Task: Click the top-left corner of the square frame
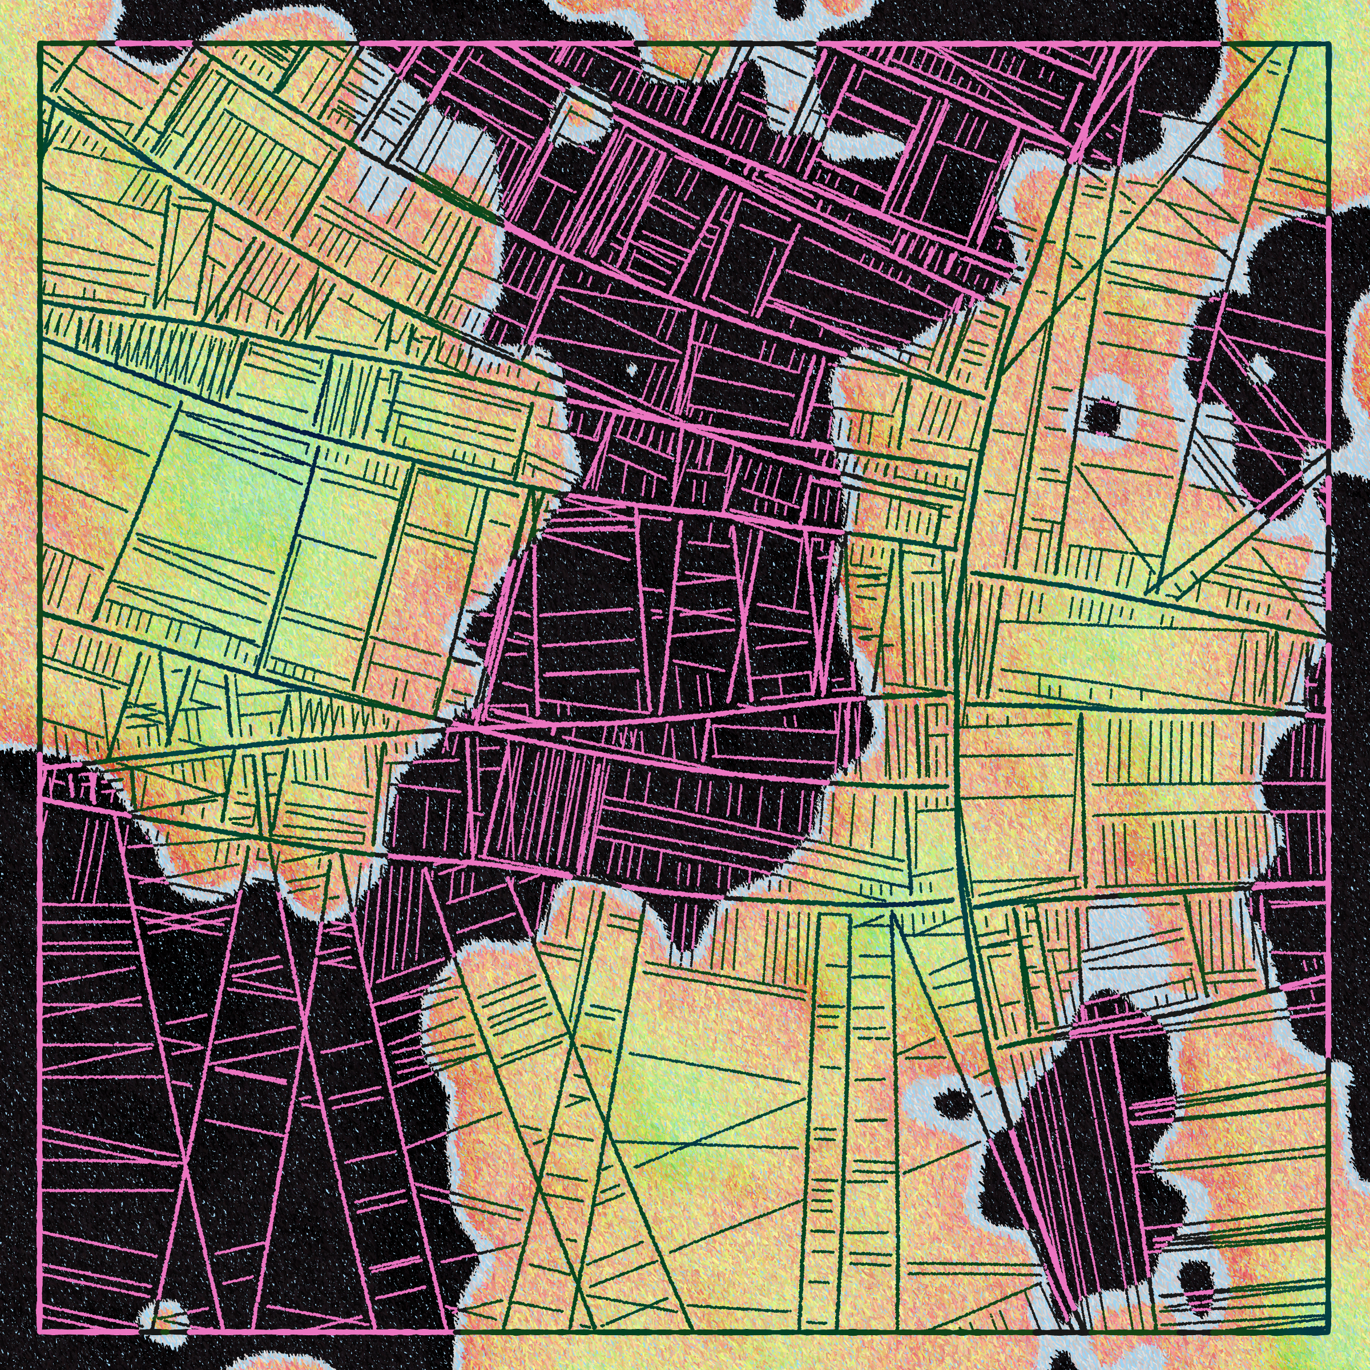click(40, 44)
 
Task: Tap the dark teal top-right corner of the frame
click(1329, 44)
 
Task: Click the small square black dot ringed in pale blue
click(1104, 416)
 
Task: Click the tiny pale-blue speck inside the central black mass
click(632, 369)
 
